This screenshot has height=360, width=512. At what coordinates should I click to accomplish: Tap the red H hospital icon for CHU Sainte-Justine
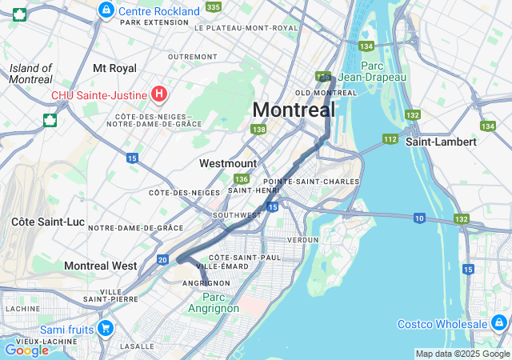coord(159,95)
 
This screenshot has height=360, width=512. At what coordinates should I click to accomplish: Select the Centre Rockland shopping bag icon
coord(106,10)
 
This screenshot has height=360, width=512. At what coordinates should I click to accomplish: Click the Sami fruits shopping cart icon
coord(105,328)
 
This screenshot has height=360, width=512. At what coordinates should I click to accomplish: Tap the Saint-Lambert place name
coord(441,141)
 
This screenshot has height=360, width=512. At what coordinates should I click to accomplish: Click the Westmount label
coord(228,163)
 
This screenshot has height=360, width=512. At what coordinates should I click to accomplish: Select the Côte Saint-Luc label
coord(44,220)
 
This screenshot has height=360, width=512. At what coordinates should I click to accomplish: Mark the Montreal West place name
coord(100,265)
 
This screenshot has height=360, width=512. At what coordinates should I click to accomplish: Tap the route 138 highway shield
coord(258,129)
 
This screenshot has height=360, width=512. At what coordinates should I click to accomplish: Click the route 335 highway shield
coord(213,6)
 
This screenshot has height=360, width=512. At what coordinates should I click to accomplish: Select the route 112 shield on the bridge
coord(390,139)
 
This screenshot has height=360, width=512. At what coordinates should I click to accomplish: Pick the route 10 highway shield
coord(419,218)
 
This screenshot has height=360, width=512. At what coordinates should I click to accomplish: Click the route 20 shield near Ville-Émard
coord(162,259)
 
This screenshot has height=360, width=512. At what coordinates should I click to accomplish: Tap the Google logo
coord(26,350)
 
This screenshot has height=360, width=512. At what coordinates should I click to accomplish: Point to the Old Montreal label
coord(326,93)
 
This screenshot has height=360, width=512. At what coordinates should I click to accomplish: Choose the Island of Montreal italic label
coord(31,74)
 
